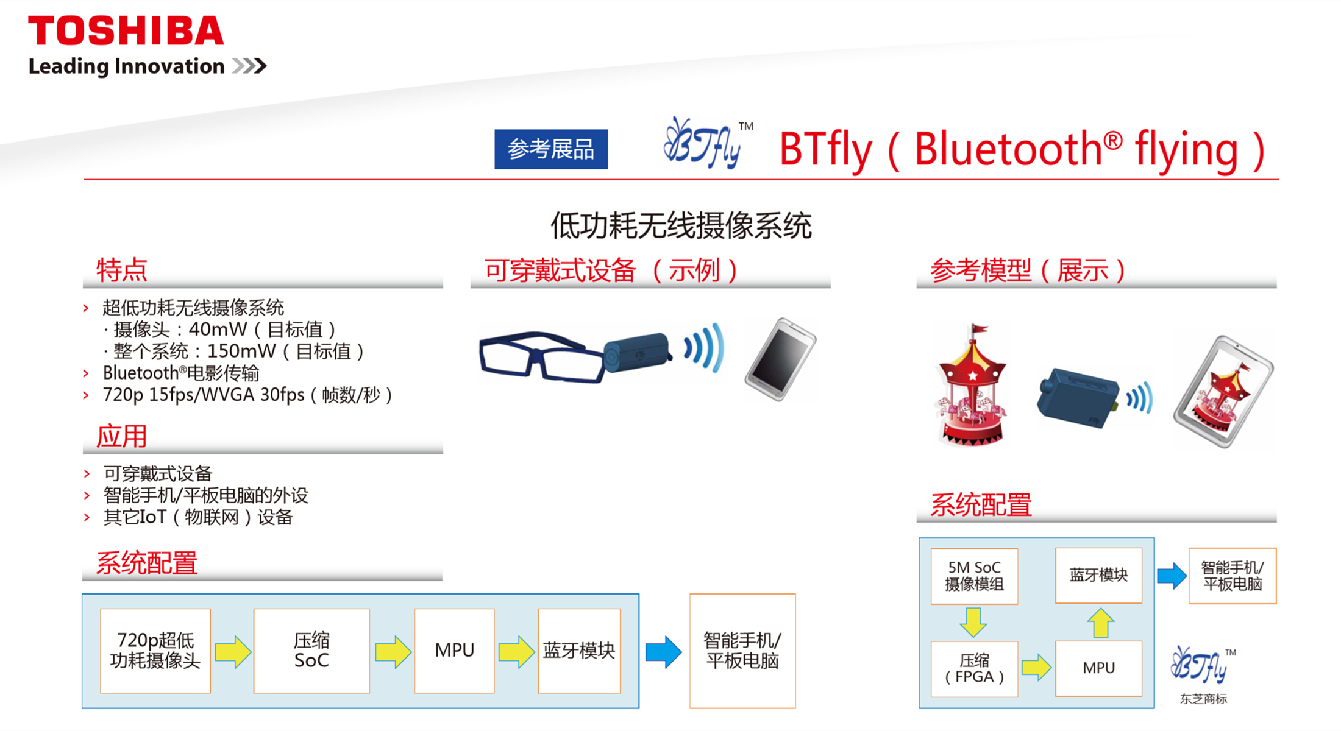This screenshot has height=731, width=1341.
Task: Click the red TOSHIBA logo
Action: click(x=126, y=30)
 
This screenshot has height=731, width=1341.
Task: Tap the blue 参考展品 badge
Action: click(x=551, y=149)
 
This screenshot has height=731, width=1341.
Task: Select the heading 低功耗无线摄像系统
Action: click(x=681, y=226)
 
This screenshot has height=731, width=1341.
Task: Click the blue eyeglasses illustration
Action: click(x=541, y=356)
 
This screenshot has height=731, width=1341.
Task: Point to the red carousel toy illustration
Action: click(x=972, y=386)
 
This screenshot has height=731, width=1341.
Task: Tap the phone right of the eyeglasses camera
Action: click(x=780, y=359)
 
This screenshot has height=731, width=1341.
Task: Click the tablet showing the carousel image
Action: click(x=1223, y=392)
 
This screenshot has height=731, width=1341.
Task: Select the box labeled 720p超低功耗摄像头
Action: click(x=155, y=651)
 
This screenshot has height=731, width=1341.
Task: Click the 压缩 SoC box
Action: click(x=311, y=651)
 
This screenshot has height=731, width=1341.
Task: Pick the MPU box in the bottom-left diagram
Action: click(x=454, y=651)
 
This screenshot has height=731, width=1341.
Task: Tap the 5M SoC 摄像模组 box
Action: click(x=974, y=576)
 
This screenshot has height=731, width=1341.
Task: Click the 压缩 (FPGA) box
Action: click(x=974, y=669)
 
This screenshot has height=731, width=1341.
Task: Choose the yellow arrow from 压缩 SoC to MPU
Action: click(x=393, y=652)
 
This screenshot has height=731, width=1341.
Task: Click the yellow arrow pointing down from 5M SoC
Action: click(x=973, y=622)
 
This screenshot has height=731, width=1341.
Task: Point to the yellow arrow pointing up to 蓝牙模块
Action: click(x=1100, y=623)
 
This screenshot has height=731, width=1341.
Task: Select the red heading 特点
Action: click(x=122, y=270)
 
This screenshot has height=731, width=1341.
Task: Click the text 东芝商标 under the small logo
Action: click(x=1203, y=699)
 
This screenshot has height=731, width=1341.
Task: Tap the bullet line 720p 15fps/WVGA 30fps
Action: click(x=247, y=395)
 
